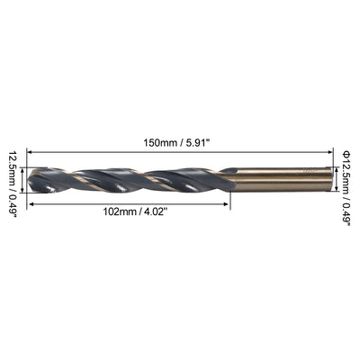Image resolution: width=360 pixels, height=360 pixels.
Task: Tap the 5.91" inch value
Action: (x=203, y=140)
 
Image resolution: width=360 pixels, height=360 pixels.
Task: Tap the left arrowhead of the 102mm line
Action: (x=34, y=203)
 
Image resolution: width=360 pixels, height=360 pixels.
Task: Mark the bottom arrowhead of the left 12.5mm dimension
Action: (x=24, y=193)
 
